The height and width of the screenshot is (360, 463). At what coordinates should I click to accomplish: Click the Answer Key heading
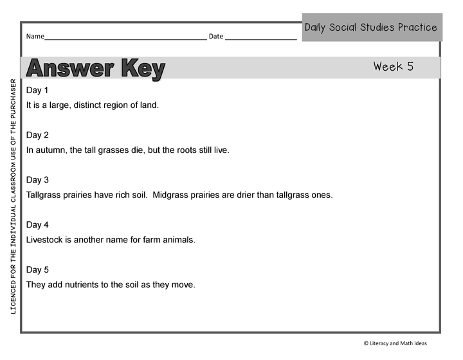[96, 69]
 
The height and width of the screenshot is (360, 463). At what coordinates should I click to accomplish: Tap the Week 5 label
[393, 66]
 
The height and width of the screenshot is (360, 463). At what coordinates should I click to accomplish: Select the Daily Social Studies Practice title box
[372, 28]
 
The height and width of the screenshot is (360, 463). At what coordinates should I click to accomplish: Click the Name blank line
[125, 37]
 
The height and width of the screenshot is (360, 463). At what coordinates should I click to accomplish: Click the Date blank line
[260, 37]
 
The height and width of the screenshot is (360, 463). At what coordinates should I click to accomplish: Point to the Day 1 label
[37, 90]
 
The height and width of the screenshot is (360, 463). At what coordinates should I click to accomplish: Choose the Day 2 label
[37, 135]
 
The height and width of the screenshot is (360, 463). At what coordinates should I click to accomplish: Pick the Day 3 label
[37, 180]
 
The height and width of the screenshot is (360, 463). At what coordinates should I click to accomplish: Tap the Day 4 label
[37, 225]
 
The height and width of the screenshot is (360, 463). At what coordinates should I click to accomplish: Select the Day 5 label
[37, 270]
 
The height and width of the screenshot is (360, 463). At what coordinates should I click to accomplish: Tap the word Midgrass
[173, 195]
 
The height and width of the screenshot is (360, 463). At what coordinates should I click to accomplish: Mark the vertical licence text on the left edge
[13, 196]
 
